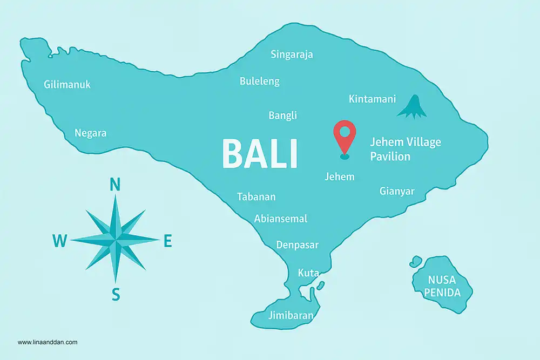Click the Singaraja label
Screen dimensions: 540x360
(x=292, y=54)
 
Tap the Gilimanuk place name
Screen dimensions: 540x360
(x=67, y=85)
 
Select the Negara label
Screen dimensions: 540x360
(x=90, y=133)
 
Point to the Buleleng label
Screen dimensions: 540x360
(x=260, y=81)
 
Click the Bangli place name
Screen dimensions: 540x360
(x=282, y=116)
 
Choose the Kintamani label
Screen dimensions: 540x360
(x=372, y=99)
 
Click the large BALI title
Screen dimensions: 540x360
(x=260, y=154)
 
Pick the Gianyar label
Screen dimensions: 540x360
(x=397, y=191)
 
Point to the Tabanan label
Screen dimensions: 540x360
(x=256, y=196)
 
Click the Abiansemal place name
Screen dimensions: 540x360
(x=280, y=219)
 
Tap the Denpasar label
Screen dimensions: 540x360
(x=297, y=245)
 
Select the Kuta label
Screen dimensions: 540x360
(x=308, y=273)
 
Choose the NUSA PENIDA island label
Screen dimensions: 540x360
(x=442, y=287)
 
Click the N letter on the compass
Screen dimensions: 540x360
(x=115, y=185)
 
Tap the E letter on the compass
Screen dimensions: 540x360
(x=167, y=242)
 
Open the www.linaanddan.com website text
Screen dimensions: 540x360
(x=48, y=342)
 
